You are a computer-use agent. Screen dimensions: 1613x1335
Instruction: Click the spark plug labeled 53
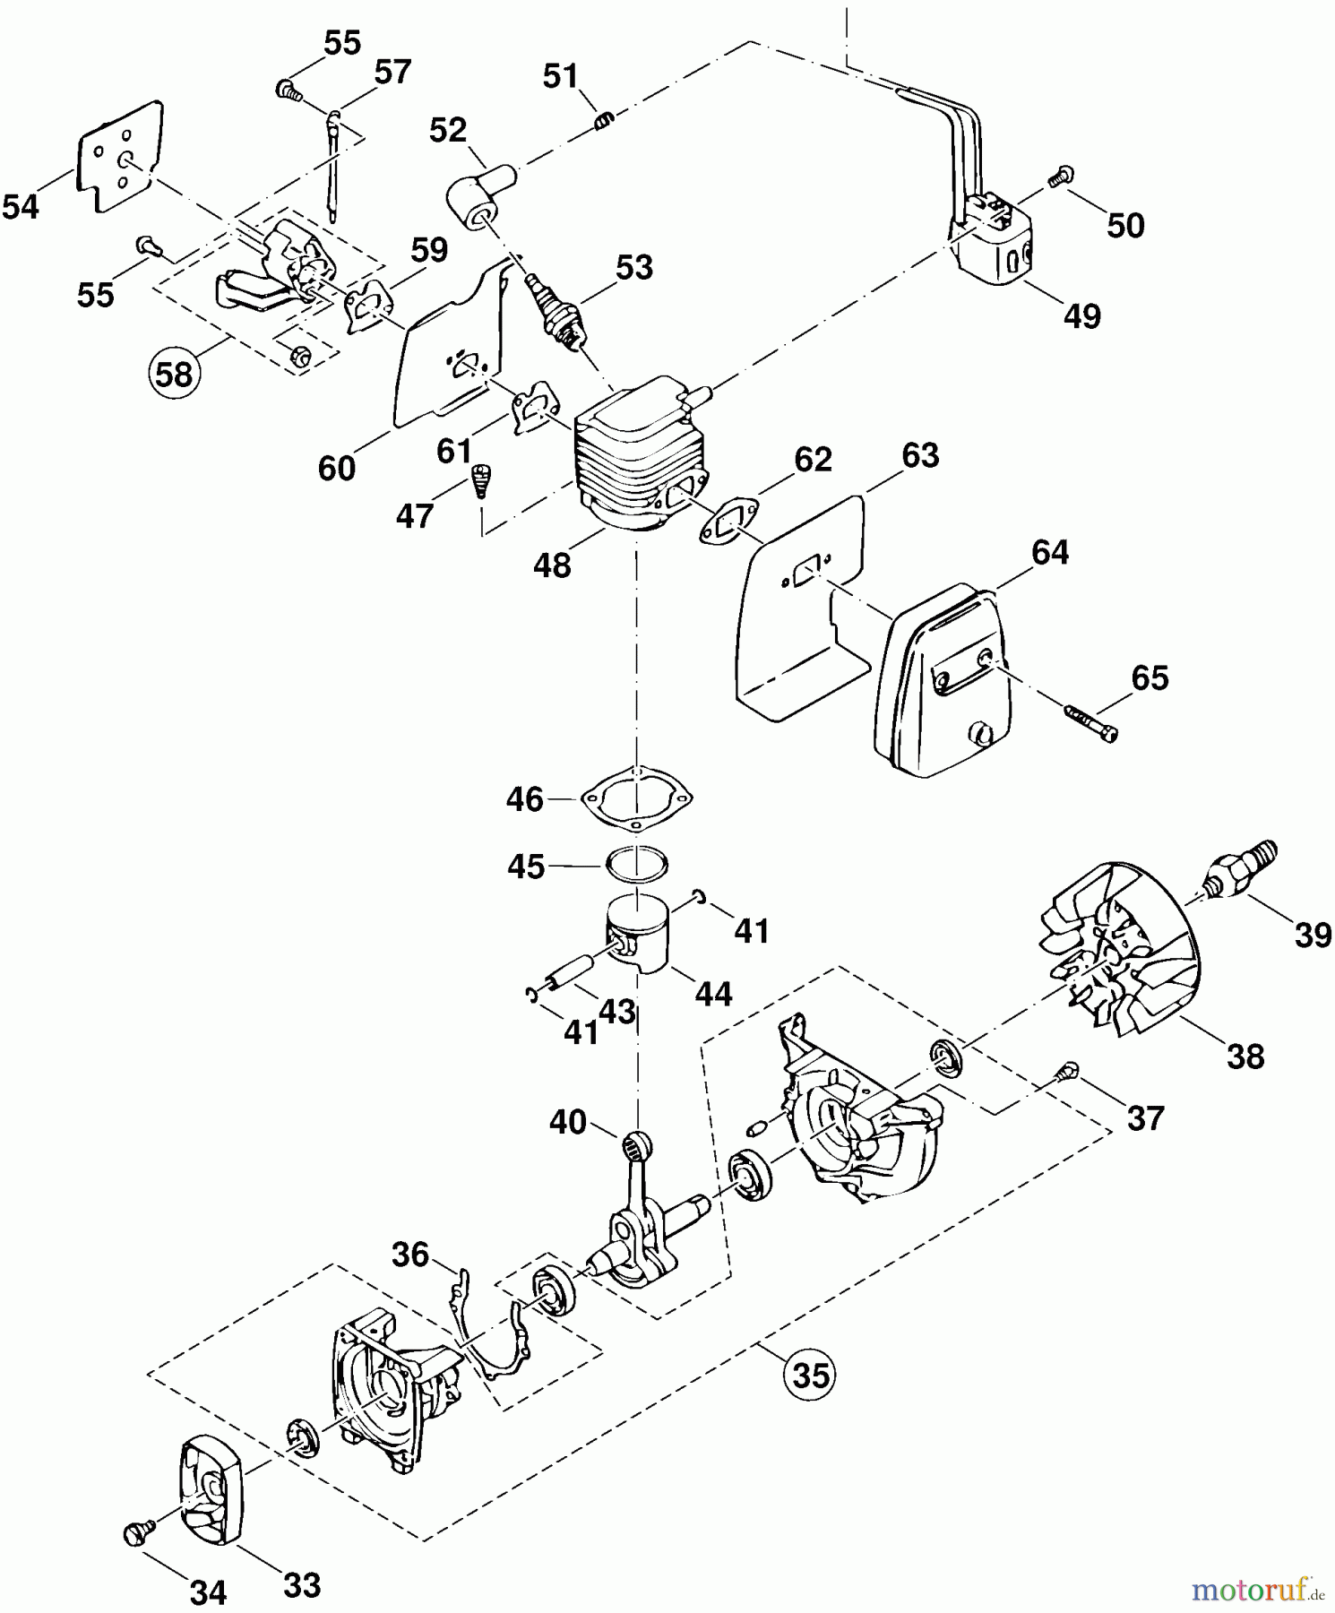point(560,310)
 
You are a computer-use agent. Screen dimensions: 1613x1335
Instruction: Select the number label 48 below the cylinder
point(552,565)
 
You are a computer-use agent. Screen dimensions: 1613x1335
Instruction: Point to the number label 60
point(337,468)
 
